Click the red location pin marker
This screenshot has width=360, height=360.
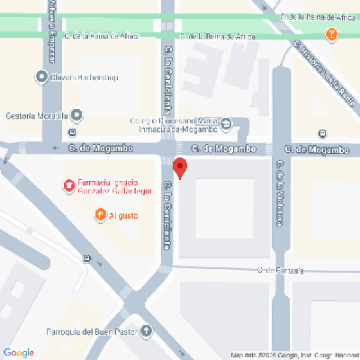pyautogui.click(x=179, y=167)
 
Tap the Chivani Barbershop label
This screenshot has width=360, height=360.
pyautogui.click(x=89, y=77)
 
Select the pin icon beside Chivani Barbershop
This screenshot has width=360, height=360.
pyautogui.click(x=42, y=77)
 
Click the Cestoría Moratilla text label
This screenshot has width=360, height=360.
pyautogui.click(x=34, y=115)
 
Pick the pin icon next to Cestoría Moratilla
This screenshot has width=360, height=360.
pyautogui.click(x=76, y=115)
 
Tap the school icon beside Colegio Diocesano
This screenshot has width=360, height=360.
pyautogui.click(x=227, y=123)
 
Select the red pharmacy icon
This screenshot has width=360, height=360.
pyautogui.click(x=67, y=185)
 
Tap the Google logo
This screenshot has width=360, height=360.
pyautogui.click(x=19, y=352)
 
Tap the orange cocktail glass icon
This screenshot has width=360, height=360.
pyautogui.click(x=331, y=35)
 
